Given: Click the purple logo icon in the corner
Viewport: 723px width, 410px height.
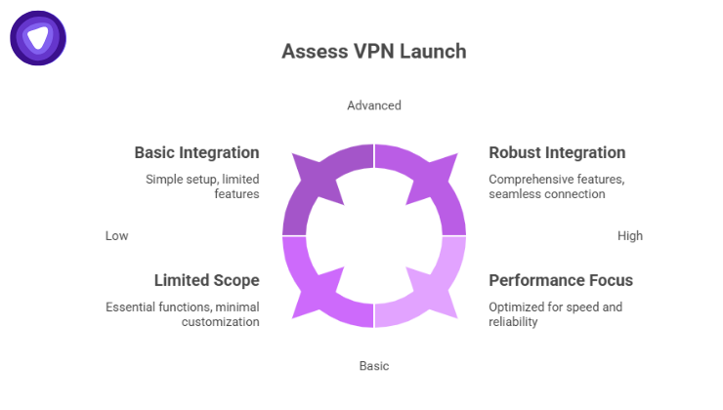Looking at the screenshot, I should click(37, 38).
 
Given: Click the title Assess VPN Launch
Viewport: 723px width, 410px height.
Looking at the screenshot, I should click(373, 51).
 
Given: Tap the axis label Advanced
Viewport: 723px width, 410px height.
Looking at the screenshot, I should click(373, 105).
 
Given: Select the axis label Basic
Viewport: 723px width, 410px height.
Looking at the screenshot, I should click(373, 366).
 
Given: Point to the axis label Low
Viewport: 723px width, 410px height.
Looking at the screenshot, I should click(116, 235).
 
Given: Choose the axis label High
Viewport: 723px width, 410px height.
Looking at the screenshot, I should click(630, 235).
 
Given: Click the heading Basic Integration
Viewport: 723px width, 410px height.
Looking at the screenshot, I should click(196, 152).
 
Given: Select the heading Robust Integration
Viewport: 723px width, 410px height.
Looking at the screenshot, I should click(557, 152).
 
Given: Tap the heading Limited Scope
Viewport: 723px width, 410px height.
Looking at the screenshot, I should click(206, 280).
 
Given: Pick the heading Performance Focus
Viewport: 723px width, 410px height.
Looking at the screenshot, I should click(561, 280).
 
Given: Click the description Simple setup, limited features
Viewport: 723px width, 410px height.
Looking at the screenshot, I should click(202, 186).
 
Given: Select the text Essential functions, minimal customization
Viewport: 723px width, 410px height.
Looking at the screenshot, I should click(183, 314).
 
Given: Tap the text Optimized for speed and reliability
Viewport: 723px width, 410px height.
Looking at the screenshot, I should click(555, 314).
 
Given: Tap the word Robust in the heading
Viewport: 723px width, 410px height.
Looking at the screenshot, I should click(515, 152).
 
